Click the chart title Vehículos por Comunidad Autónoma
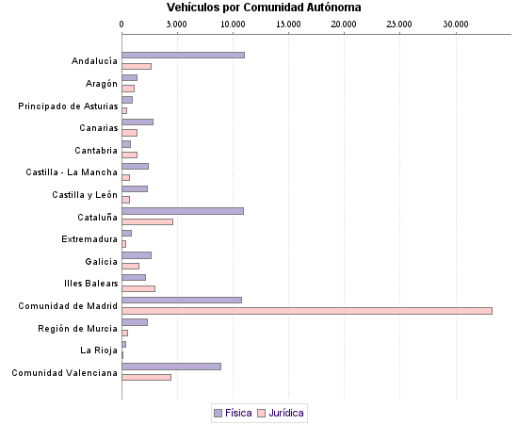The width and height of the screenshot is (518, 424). click(264, 8)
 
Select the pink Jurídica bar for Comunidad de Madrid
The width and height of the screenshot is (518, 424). click(307, 310)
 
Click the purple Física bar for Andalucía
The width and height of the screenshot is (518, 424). click(183, 55)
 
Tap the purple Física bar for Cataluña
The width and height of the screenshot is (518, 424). click(183, 210)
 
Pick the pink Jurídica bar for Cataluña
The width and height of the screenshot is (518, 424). click(147, 221)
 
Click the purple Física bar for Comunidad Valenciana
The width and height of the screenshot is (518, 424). click(171, 366)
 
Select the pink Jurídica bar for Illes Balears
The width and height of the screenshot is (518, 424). click(138, 288)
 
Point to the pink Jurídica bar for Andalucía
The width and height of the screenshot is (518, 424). click(137, 66)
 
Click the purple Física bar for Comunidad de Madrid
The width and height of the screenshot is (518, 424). click(182, 300)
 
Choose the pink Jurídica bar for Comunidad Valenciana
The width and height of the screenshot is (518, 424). click(146, 377)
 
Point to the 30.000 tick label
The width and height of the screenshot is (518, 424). click(456, 23)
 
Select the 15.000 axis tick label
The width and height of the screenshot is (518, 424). click(289, 23)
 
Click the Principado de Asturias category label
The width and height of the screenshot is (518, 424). click(68, 106)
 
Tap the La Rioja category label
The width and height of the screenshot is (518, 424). click(99, 351)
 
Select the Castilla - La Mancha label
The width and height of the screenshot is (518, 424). click(72, 172)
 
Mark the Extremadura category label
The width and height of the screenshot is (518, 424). click(89, 239)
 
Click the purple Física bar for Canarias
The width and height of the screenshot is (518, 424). click(138, 122)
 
